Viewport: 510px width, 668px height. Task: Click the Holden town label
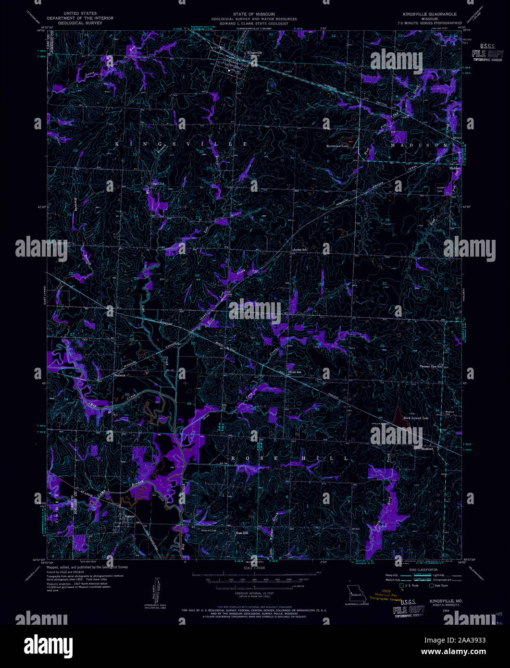point(454,169)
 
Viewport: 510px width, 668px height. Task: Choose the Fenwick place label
point(120,375)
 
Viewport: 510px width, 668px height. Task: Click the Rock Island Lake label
point(415,419)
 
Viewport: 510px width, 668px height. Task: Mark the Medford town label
point(427,449)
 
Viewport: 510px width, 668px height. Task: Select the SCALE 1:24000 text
point(254,568)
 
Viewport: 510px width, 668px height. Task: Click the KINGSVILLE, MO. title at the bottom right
point(445,601)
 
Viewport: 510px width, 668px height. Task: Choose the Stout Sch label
point(294,372)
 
